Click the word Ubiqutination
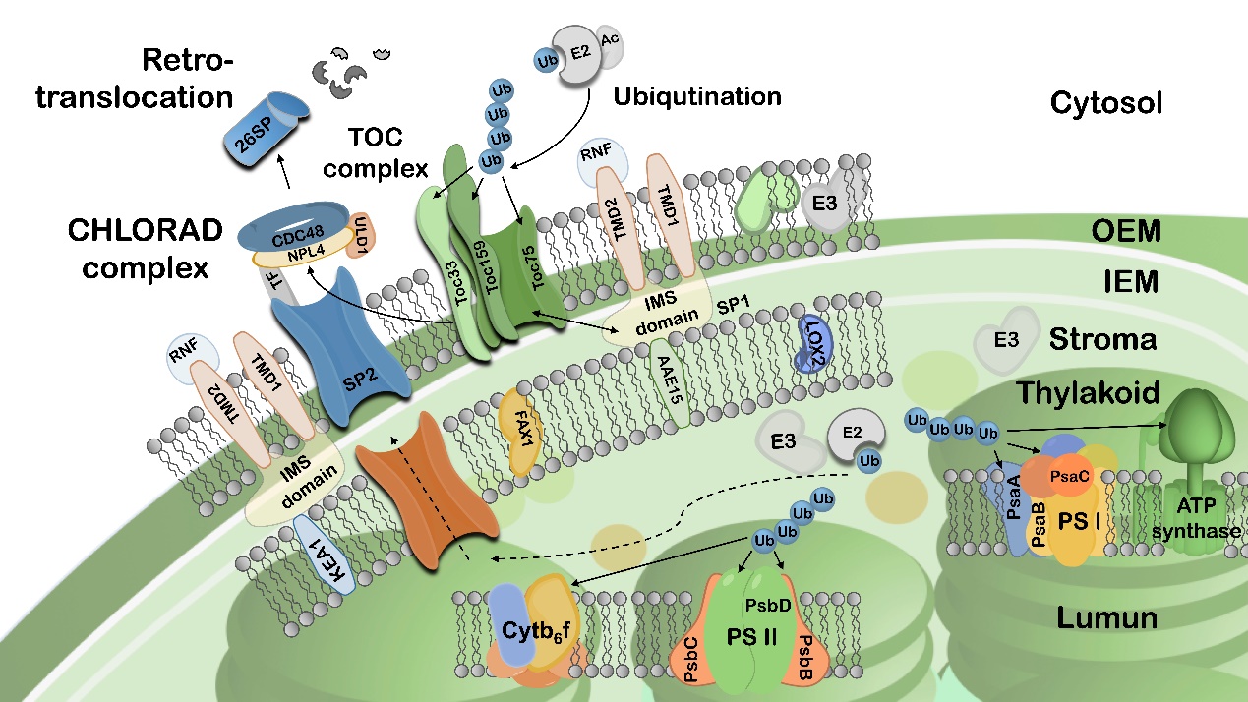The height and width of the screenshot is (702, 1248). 697,96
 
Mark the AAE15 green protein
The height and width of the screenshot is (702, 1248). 667,382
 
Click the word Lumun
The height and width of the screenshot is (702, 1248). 1104,618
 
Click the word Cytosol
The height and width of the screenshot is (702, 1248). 1106,102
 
